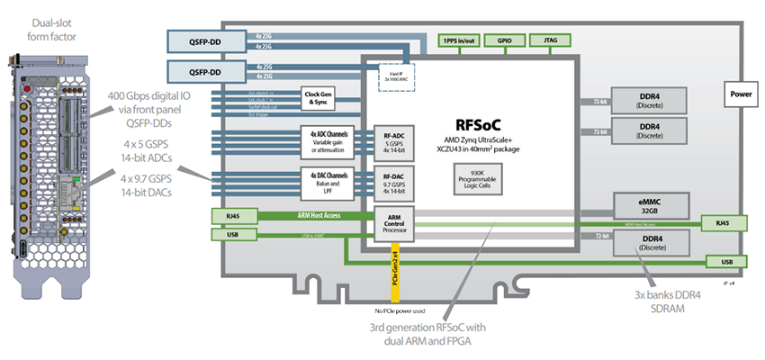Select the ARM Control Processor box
click(x=393, y=222)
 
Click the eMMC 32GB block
click(x=650, y=205)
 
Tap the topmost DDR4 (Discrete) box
click(x=650, y=99)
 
